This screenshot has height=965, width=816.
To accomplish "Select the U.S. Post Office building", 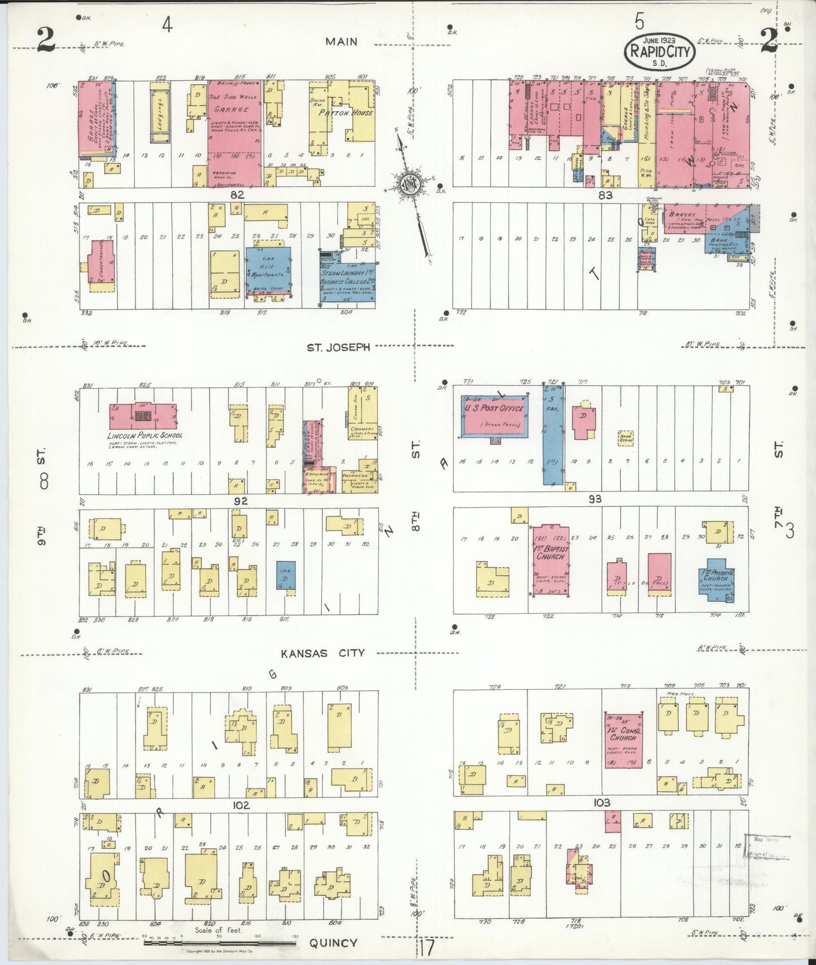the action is (495, 415).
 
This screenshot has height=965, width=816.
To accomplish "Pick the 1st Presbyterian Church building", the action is (715, 580).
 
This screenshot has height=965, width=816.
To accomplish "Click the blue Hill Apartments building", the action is (268, 270).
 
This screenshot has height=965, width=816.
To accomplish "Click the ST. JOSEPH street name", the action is (338, 347).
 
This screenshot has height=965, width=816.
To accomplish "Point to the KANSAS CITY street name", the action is (322, 653).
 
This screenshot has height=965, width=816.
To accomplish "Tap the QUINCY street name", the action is (333, 942).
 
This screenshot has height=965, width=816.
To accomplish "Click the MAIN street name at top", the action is (341, 41).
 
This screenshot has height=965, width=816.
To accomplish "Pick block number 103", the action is (603, 802).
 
